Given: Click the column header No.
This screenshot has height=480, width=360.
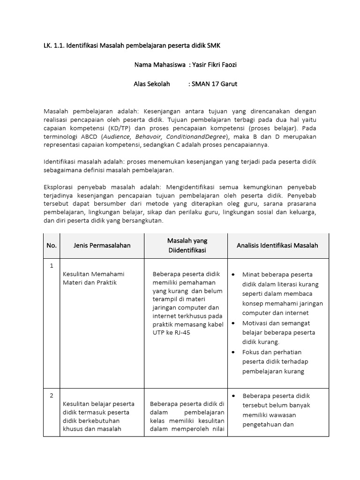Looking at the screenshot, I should click(x=52, y=245).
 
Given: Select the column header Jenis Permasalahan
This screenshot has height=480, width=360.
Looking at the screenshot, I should click(x=102, y=245).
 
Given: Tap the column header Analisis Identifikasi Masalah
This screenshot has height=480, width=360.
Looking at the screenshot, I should click(x=277, y=245).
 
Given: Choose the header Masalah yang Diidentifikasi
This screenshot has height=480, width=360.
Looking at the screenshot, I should click(x=187, y=245).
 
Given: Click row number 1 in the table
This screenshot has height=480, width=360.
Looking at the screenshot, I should click(x=52, y=266).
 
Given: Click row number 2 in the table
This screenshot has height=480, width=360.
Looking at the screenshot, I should click(x=52, y=396).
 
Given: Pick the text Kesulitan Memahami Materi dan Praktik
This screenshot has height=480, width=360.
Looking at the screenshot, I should click(x=93, y=278).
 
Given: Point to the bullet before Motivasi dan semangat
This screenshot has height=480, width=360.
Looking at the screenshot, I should click(x=234, y=323).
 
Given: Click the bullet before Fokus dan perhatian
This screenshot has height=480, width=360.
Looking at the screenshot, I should click(x=234, y=352).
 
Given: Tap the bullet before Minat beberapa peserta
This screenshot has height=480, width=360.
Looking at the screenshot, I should click(x=234, y=274).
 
